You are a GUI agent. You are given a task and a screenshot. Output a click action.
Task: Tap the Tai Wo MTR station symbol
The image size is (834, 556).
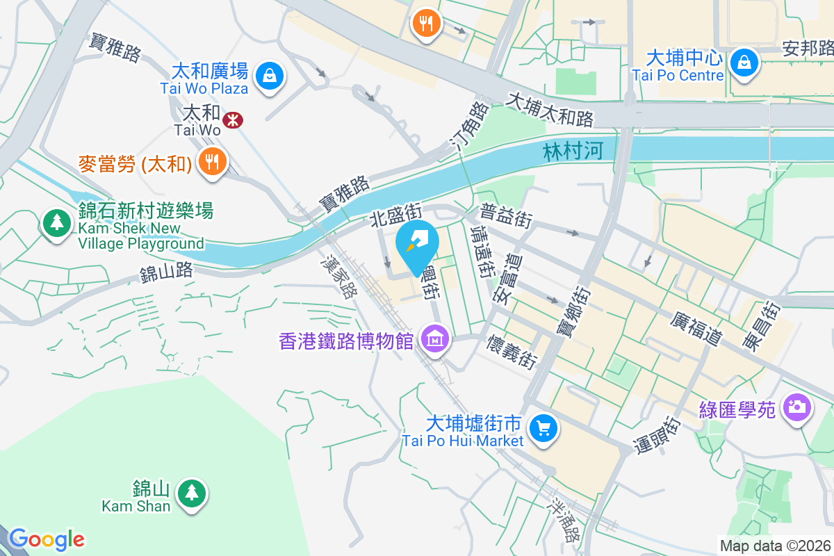(233, 120)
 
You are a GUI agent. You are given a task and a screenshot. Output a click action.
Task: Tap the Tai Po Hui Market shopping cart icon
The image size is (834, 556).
(543, 427)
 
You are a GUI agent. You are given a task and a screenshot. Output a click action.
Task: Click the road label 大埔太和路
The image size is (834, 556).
(550, 110)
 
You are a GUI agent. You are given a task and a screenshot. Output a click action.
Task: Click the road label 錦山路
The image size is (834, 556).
(166, 272)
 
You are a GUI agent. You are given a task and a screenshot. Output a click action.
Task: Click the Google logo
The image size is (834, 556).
(47, 539)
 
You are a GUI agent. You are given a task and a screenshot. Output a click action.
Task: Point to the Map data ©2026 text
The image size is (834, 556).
(775, 546)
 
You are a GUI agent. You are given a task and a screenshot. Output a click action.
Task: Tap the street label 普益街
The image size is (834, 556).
(506, 215)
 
